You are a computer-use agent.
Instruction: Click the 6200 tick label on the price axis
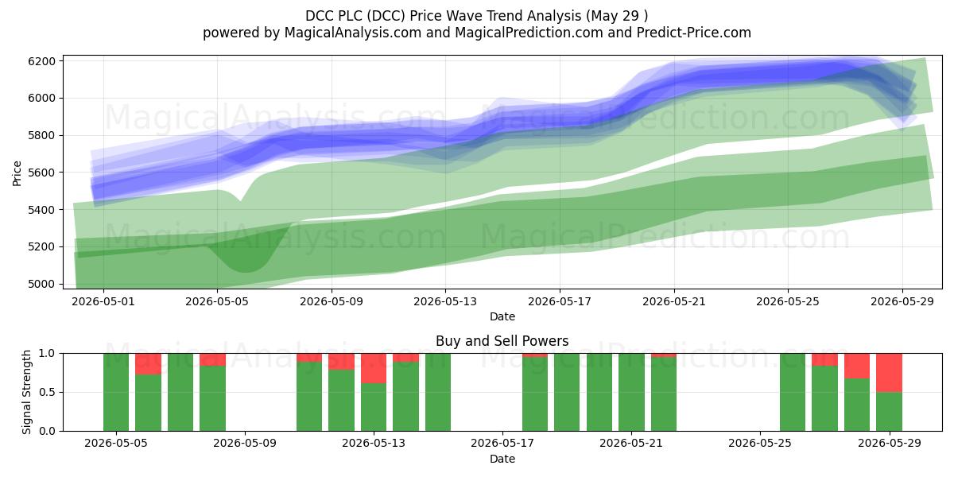[x=41, y=61]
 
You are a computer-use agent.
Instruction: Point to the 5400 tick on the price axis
[x=41, y=210]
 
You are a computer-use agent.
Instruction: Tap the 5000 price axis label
[x=41, y=284]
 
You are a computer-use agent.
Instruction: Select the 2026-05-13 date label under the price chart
[x=445, y=301]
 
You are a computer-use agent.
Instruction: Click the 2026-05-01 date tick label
[x=103, y=301]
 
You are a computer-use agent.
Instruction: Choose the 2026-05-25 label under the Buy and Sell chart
[x=760, y=443]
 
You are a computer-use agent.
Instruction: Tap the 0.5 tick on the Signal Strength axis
[x=47, y=392]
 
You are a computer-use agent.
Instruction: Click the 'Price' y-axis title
[x=17, y=173]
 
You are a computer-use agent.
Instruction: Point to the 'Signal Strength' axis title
[x=26, y=392]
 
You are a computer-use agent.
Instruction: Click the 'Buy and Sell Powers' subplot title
[x=502, y=341]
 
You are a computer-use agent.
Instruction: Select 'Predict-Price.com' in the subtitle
[x=694, y=33]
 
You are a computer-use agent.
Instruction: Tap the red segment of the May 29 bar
[x=889, y=373]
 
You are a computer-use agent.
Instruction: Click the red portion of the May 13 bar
[x=374, y=368]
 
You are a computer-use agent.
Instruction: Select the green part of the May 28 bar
[x=857, y=405]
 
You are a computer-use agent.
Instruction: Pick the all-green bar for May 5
[x=116, y=392]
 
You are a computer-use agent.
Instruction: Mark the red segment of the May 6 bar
[x=148, y=364]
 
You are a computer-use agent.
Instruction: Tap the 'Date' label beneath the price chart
[x=502, y=316]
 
